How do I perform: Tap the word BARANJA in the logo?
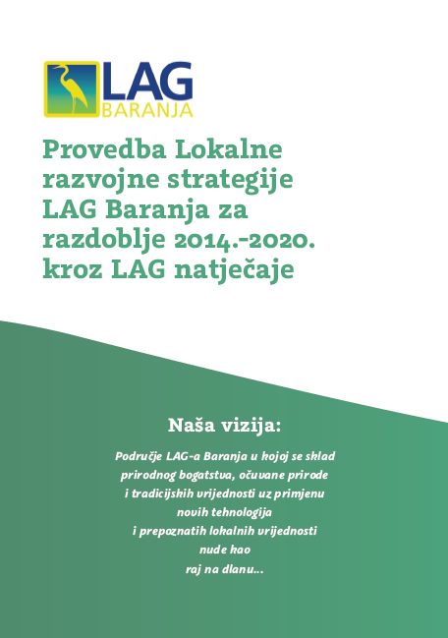[147, 110]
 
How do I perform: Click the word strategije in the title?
[236, 181]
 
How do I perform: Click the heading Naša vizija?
[224, 426]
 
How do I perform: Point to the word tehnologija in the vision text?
[243, 513]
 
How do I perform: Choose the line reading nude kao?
[224, 551]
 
